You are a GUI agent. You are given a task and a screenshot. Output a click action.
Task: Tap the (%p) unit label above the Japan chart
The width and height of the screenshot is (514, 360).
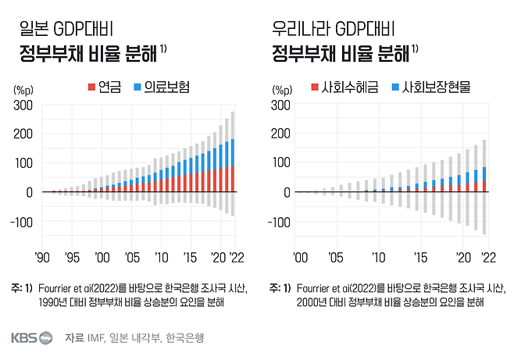(x=24, y=89)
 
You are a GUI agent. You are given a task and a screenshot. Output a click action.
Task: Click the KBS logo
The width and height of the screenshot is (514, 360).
(x=32, y=338)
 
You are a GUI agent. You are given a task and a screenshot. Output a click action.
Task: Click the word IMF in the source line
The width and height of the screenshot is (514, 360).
(x=95, y=338)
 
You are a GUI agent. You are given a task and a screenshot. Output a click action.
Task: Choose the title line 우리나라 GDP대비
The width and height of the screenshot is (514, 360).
(x=333, y=31)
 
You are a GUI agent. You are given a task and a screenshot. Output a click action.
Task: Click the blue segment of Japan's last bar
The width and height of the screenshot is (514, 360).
(x=233, y=152)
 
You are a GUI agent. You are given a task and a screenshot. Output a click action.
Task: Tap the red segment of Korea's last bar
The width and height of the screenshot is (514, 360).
(x=484, y=186)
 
